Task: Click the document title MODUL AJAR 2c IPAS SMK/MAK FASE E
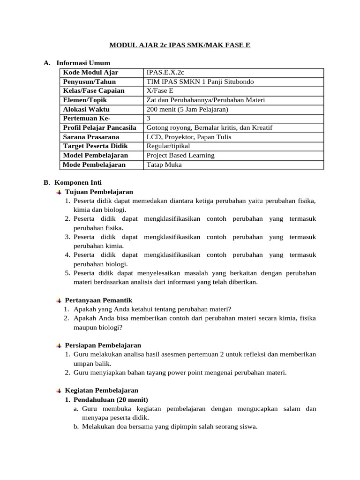(x=180, y=45)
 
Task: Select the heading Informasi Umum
(x=83, y=63)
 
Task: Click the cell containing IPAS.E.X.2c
(x=165, y=73)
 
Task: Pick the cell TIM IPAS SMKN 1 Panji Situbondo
(x=200, y=82)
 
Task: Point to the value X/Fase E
(x=160, y=91)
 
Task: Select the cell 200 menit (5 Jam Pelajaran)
(x=187, y=109)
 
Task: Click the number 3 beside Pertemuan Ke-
(x=149, y=118)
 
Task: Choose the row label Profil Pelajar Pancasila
(x=99, y=127)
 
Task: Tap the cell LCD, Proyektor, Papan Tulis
(x=188, y=137)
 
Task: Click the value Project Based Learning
(x=180, y=155)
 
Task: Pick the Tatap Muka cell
(x=164, y=165)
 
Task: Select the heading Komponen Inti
(x=78, y=183)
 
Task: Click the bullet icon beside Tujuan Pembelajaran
(x=59, y=192)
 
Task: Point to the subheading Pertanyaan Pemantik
(x=98, y=300)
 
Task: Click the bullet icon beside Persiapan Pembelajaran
(x=59, y=345)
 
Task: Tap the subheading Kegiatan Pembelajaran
(x=101, y=390)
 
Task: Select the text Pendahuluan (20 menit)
(x=110, y=399)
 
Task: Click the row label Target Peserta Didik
(x=93, y=146)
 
